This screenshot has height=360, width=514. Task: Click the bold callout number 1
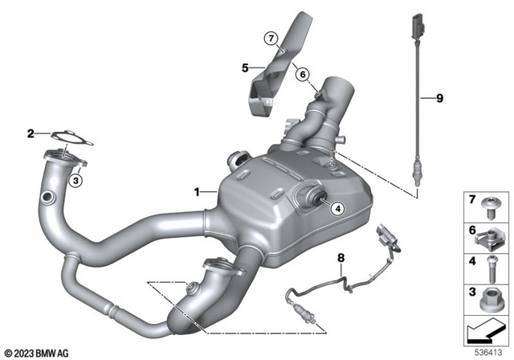(x=195, y=191)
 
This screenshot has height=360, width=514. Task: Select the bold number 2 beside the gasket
(x=31, y=133)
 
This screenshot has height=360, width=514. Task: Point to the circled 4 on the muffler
(x=337, y=209)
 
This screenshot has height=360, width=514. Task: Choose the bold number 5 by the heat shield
(x=246, y=67)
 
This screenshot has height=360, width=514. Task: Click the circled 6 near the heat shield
(x=303, y=74)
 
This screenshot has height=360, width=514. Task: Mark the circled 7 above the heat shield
(x=271, y=38)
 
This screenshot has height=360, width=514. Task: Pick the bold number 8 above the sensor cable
(x=341, y=258)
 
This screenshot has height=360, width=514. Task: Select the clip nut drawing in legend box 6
(x=490, y=237)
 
